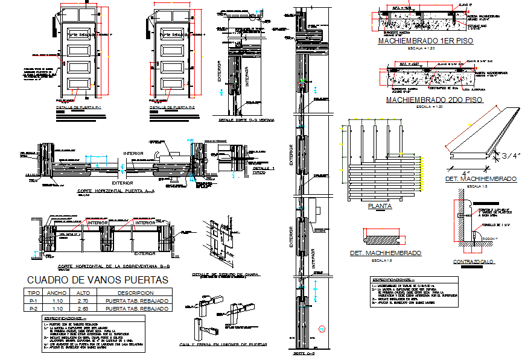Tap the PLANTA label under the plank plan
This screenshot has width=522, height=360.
pos(380,206)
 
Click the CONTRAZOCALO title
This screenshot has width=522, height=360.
pos(474,261)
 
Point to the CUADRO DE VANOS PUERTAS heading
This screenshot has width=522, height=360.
pos(98,280)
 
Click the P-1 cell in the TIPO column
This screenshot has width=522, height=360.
pos(34,301)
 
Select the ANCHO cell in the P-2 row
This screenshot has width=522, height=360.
pos(58,308)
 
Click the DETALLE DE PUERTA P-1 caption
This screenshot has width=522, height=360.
pos(81,107)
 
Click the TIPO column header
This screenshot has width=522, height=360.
pos(34,293)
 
